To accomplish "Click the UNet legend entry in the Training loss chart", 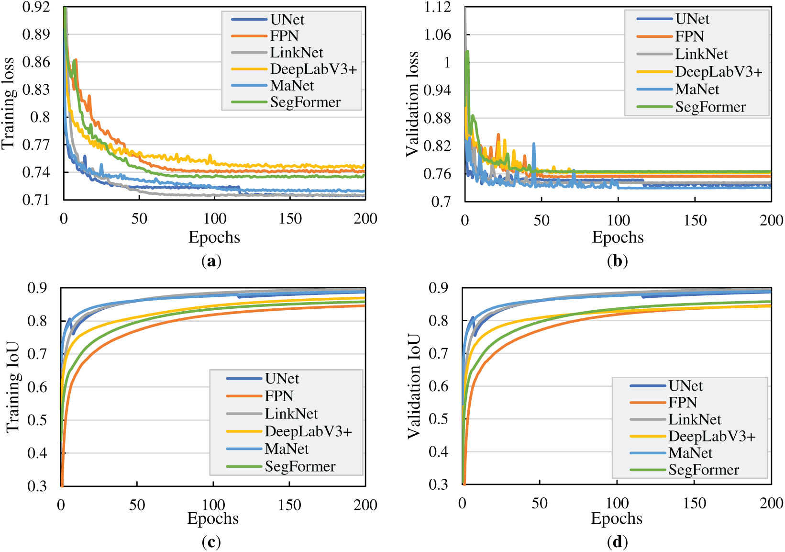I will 287,20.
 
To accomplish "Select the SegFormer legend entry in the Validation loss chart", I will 710,107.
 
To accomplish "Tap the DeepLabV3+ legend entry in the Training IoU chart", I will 308,431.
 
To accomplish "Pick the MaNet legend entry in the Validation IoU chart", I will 690,453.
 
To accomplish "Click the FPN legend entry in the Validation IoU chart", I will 683,403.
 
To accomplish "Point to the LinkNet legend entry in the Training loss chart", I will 296,53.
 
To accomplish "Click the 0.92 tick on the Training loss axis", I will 36,7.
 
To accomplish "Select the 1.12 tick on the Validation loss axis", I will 437,7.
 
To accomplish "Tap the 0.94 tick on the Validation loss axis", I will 437,90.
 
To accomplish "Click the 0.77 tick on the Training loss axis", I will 36,145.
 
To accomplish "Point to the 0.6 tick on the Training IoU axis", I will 37,387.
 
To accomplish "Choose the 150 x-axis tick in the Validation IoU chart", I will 694,503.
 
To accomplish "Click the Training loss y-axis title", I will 8,103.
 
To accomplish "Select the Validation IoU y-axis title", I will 413,386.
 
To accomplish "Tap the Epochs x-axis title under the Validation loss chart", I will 618,237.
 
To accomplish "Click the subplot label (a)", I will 211,261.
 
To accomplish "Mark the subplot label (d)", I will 617,542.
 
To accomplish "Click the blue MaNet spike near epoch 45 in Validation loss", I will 533,145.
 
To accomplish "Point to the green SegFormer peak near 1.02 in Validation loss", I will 467,52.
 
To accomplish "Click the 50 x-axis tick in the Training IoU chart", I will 137,505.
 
